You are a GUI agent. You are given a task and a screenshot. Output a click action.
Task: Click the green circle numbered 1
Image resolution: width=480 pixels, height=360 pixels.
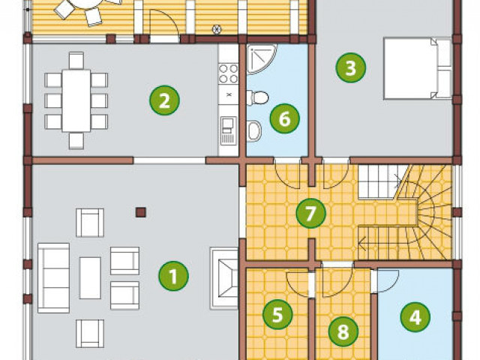click(173, 276)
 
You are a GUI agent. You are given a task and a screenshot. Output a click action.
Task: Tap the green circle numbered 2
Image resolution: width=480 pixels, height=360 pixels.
click(164, 100)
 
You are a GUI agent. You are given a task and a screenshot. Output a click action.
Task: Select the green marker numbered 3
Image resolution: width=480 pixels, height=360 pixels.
click(350, 67)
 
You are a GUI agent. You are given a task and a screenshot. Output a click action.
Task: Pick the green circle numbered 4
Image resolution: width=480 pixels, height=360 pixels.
click(415, 316)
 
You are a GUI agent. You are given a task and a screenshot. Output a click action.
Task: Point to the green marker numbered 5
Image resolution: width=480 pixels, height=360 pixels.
click(277, 314)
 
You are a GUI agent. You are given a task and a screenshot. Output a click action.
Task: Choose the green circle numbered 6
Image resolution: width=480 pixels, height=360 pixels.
click(285, 118)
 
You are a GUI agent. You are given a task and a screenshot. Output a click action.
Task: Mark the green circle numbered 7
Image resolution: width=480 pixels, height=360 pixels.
click(310, 213)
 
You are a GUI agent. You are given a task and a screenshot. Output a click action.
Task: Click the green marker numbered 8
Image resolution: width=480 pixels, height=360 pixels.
click(343, 331)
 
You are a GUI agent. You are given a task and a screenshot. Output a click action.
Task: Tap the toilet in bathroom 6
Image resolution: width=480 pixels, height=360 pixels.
click(258, 97)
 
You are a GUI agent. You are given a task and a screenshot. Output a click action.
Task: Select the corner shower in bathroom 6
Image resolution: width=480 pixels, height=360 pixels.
click(259, 58)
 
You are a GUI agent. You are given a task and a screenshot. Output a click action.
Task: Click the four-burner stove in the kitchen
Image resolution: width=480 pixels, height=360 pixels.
click(228, 73)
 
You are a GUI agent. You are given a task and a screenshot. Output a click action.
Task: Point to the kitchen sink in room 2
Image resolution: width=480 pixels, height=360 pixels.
click(228, 130)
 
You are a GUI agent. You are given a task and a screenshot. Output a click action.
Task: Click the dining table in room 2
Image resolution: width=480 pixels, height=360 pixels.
click(76, 100)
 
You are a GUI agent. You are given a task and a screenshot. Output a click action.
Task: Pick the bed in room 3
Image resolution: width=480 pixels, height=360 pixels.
click(418, 68)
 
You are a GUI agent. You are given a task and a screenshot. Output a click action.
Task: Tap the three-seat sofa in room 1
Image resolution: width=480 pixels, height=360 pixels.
click(53, 278)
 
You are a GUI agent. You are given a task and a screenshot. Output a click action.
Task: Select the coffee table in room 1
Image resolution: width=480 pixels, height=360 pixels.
click(90, 278)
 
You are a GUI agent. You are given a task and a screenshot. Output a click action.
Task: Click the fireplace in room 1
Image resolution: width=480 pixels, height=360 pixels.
click(224, 278)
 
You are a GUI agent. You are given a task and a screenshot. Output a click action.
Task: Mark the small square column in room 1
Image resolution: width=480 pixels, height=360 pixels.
click(141, 212)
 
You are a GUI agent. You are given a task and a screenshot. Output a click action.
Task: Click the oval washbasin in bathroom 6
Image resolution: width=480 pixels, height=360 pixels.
click(254, 131)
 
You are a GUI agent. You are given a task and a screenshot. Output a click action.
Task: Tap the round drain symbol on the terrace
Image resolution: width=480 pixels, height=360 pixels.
click(217, 29)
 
